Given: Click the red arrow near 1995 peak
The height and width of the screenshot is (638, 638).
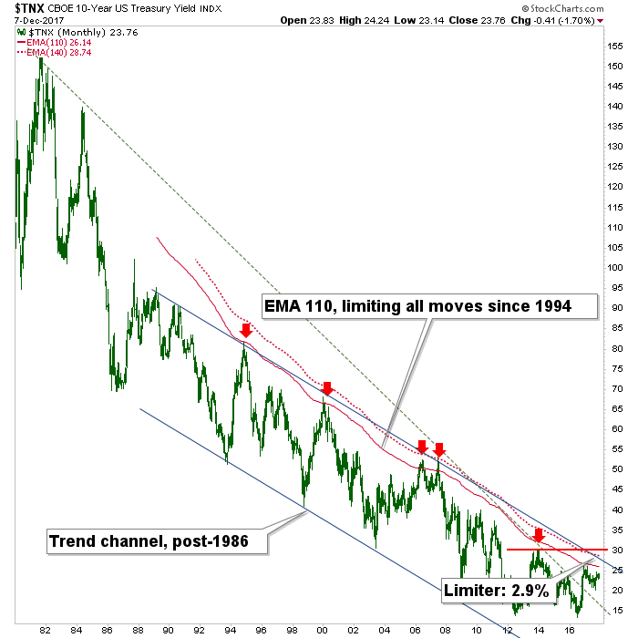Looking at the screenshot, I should click(245, 329).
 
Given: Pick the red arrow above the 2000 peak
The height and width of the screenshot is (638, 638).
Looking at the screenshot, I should click(327, 388).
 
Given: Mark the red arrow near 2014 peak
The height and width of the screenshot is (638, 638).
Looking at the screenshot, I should click(539, 534).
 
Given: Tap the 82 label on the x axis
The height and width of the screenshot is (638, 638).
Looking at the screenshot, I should click(44, 629).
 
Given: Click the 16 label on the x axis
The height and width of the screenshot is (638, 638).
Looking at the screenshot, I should click(570, 629).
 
